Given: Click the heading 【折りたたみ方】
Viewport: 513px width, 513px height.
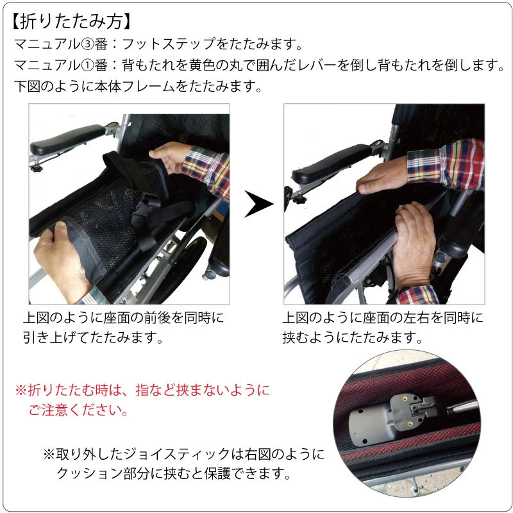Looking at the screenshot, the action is point(71,21).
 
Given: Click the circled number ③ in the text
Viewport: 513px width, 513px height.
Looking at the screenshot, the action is point(87,44).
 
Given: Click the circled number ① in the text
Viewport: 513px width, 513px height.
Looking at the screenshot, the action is point(87,65).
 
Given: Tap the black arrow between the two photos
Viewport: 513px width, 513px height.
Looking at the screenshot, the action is point(258,204).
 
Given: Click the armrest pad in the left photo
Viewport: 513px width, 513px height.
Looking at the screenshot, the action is point(67,139).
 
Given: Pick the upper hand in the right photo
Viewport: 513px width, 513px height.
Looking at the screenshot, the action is point(383,175).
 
